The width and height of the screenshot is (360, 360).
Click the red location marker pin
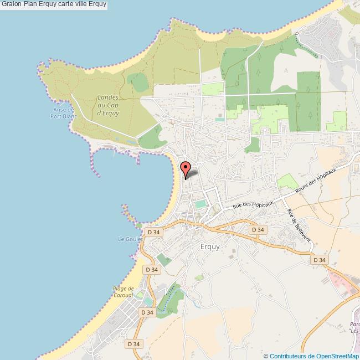(x=186, y=168)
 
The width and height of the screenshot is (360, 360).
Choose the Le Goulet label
(x=130, y=239)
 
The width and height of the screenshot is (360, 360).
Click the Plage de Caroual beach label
(x=124, y=291)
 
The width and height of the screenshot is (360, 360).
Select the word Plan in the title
(x=31, y=4)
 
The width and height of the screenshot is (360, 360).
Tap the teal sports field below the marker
(x=199, y=205)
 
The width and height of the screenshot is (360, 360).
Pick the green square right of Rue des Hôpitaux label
(x=287, y=181)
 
